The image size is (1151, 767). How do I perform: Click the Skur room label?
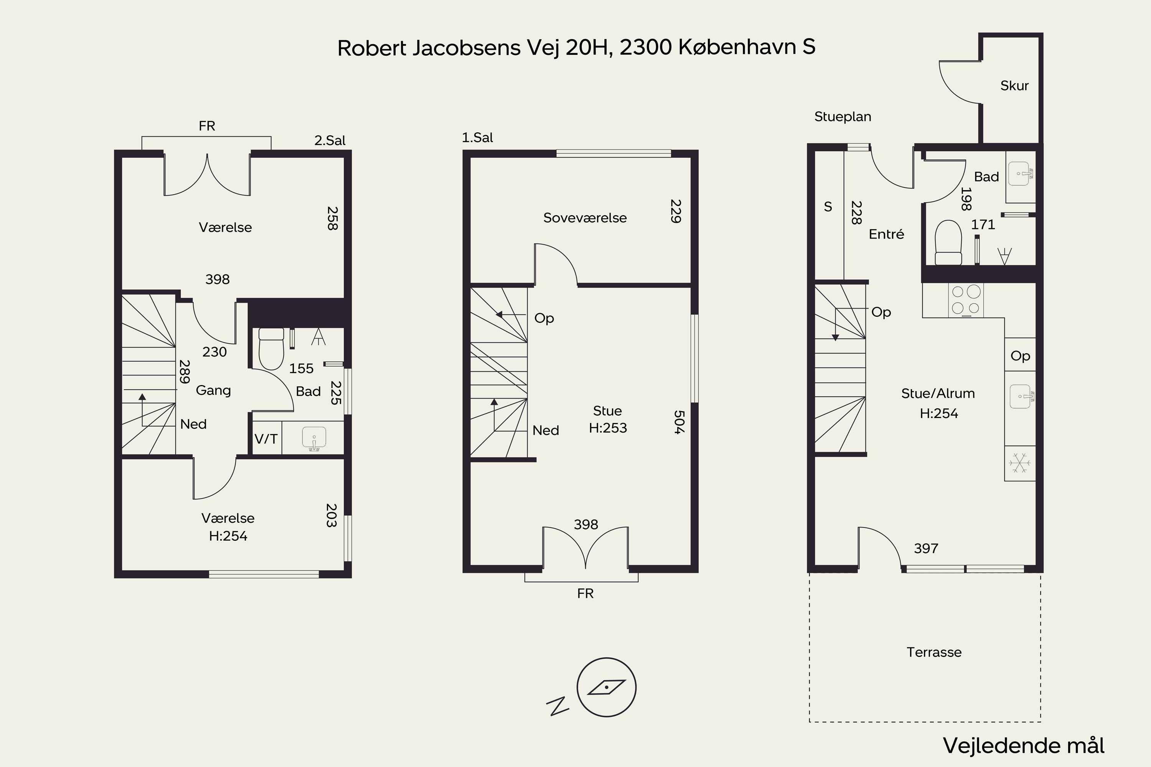coord(1014,86)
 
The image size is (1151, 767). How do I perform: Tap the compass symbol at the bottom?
coord(606,687)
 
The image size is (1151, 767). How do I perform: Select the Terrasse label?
coord(934,652)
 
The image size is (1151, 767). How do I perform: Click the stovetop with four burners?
coord(966,300)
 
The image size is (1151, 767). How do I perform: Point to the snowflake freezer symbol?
coord(1020,463)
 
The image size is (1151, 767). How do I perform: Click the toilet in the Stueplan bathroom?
coord(948,243)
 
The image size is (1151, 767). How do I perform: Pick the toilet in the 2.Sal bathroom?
coord(271,348)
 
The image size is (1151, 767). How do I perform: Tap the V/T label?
coord(266,439)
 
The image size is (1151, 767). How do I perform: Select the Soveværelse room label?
coord(585,218)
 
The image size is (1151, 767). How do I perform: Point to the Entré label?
coord(886,234)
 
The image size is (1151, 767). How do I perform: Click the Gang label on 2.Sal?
coord(213,390)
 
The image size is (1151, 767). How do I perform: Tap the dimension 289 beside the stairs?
coord(185,372)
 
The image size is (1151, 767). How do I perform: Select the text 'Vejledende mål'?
coord(1024,746)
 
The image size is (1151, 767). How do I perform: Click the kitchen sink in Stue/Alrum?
coord(1020,396)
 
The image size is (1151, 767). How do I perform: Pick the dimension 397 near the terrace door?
coord(926,548)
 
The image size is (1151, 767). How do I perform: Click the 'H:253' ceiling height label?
coord(608,428)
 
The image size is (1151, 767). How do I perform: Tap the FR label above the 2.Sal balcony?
coord(207,126)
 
